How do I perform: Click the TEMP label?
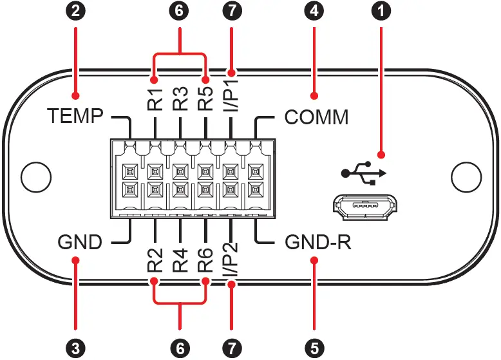(x=75, y=117)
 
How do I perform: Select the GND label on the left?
(x=80, y=243)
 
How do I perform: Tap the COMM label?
(x=316, y=117)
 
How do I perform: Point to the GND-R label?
(x=318, y=243)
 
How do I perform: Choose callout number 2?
(x=76, y=11)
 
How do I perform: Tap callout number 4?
(x=314, y=11)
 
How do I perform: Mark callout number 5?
(x=314, y=348)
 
